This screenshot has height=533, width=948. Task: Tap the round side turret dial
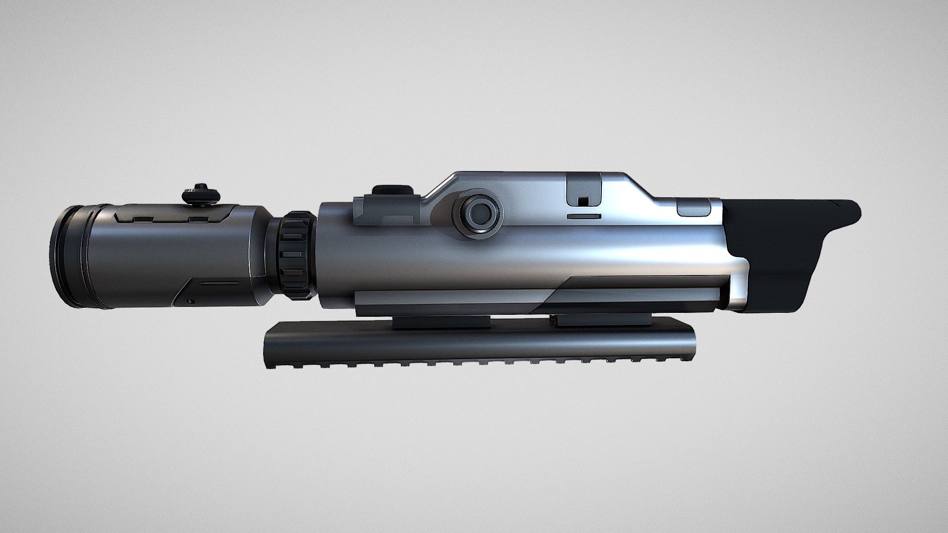tap(478, 213)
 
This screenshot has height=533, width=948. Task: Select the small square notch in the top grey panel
tap(583, 201)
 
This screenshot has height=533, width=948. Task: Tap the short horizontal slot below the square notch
tap(583, 216)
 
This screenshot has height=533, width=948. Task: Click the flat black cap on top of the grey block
tap(393, 190)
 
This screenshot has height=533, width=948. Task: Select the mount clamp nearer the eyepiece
tap(441, 322)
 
